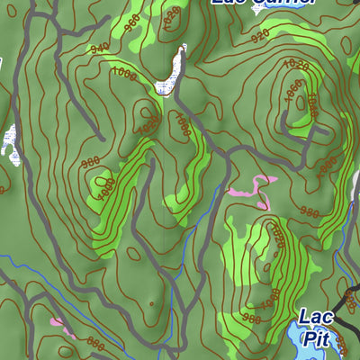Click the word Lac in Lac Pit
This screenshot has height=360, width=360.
tap(316, 317)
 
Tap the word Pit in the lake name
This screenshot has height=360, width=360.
tap(316, 338)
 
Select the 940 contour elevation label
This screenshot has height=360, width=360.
tap(100, 48)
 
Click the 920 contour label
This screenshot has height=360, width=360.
tap(261, 37)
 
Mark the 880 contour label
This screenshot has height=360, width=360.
tap(95, 343)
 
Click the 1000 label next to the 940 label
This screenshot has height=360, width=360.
tap(127, 76)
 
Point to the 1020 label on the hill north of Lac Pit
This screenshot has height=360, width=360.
tap(277, 236)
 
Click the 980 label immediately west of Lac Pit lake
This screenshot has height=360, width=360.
tap(252, 318)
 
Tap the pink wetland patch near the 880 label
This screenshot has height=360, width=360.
tap(57, 321)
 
